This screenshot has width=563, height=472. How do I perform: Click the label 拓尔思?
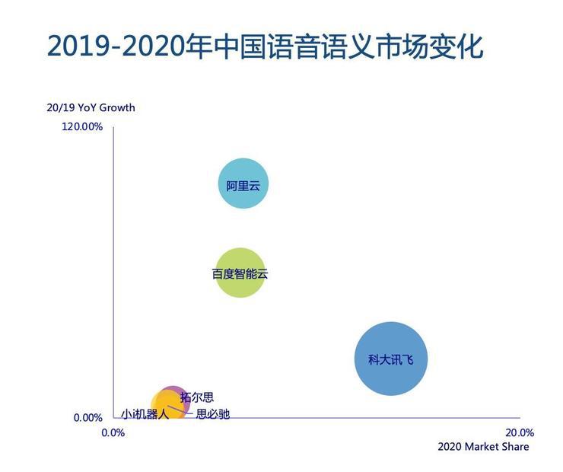pos(196,397)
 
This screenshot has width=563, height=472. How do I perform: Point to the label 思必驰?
pos(213,414)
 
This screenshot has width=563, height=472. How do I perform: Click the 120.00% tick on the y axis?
pos(82,126)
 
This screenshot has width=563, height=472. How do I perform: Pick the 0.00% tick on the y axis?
pos(87,417)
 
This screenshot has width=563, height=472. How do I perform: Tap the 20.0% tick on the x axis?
pos(520,432)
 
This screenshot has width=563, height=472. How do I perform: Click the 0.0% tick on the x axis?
pos(113,432)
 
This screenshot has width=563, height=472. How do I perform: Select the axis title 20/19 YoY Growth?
pos(91,107)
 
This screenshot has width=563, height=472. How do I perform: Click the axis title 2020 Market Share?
pos(483,447)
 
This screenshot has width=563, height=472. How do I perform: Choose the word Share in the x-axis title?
pos(515,447)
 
